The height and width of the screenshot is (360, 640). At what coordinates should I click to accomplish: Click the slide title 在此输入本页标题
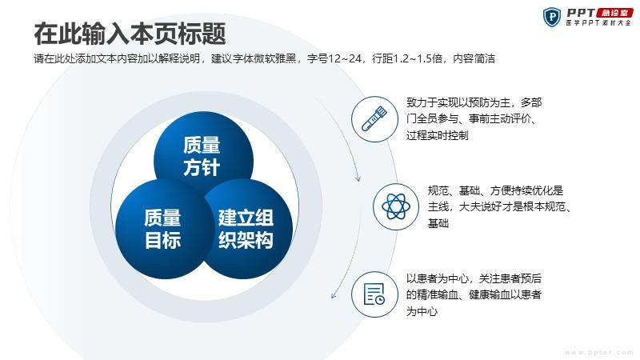pyautogui.click(x=130, y=34)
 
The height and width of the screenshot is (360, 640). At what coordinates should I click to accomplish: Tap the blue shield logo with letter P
pyautogui.click(x=552, y=17)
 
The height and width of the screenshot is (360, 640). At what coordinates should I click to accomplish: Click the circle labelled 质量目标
pyautogui.click(x=162, y=229)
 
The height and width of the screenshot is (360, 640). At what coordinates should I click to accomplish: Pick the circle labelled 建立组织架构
pyautogui.click(x=247, y=229)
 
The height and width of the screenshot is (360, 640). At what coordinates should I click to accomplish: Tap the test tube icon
pyautogui.click(x=374, y=118)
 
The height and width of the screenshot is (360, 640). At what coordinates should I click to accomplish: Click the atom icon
pyautogui.click(x=395, y=206)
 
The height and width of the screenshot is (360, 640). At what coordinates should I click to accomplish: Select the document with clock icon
pyautogui.click(x=374, y=294)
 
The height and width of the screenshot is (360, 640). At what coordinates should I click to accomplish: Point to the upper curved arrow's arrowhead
pyautogui.click(x=358, y=178)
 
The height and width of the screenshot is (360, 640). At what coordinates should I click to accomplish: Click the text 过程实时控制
pyautogui.click(x=437, y=135)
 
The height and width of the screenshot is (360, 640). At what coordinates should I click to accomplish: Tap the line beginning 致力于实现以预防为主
pyautogui.click(x=474, y=102)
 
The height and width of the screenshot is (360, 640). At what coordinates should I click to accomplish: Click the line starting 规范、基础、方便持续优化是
pyautogui.click(x=495, y=190)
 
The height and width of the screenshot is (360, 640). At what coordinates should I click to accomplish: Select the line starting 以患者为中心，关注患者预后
pyautogui.click(x=474, y=278)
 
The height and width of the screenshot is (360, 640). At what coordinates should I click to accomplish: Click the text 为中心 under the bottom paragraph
pyautogui.click(x=422, y=311)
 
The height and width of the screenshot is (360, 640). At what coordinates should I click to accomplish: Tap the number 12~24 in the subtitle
pyautogui.click(x=345, y=58)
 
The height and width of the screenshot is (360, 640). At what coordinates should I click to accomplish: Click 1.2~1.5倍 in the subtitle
pyautogui.click(x=418, y=58)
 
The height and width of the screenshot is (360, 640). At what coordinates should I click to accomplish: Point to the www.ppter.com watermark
pyautogui.click(x=599, y=352)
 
